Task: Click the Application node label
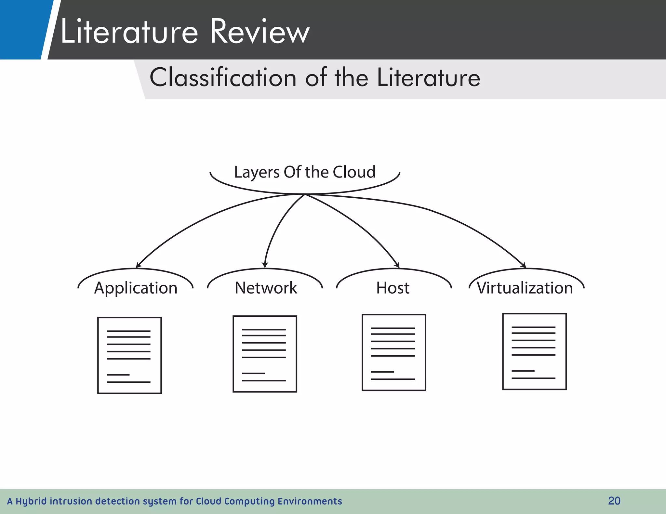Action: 136,288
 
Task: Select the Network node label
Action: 266,288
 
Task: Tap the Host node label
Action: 393,288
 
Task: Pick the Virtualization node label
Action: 525,288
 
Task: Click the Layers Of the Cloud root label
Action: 305,172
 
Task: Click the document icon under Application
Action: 129,355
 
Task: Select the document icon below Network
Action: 265,354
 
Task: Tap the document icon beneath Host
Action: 394,352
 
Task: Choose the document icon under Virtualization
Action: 534,351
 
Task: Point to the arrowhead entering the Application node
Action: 138,265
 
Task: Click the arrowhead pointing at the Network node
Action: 265,265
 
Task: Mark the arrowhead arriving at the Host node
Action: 397,265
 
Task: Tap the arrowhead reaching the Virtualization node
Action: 524,265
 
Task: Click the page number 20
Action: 614,501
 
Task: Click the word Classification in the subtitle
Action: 223,78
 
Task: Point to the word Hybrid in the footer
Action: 31,501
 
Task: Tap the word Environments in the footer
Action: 310,501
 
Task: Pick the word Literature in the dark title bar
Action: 129,32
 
